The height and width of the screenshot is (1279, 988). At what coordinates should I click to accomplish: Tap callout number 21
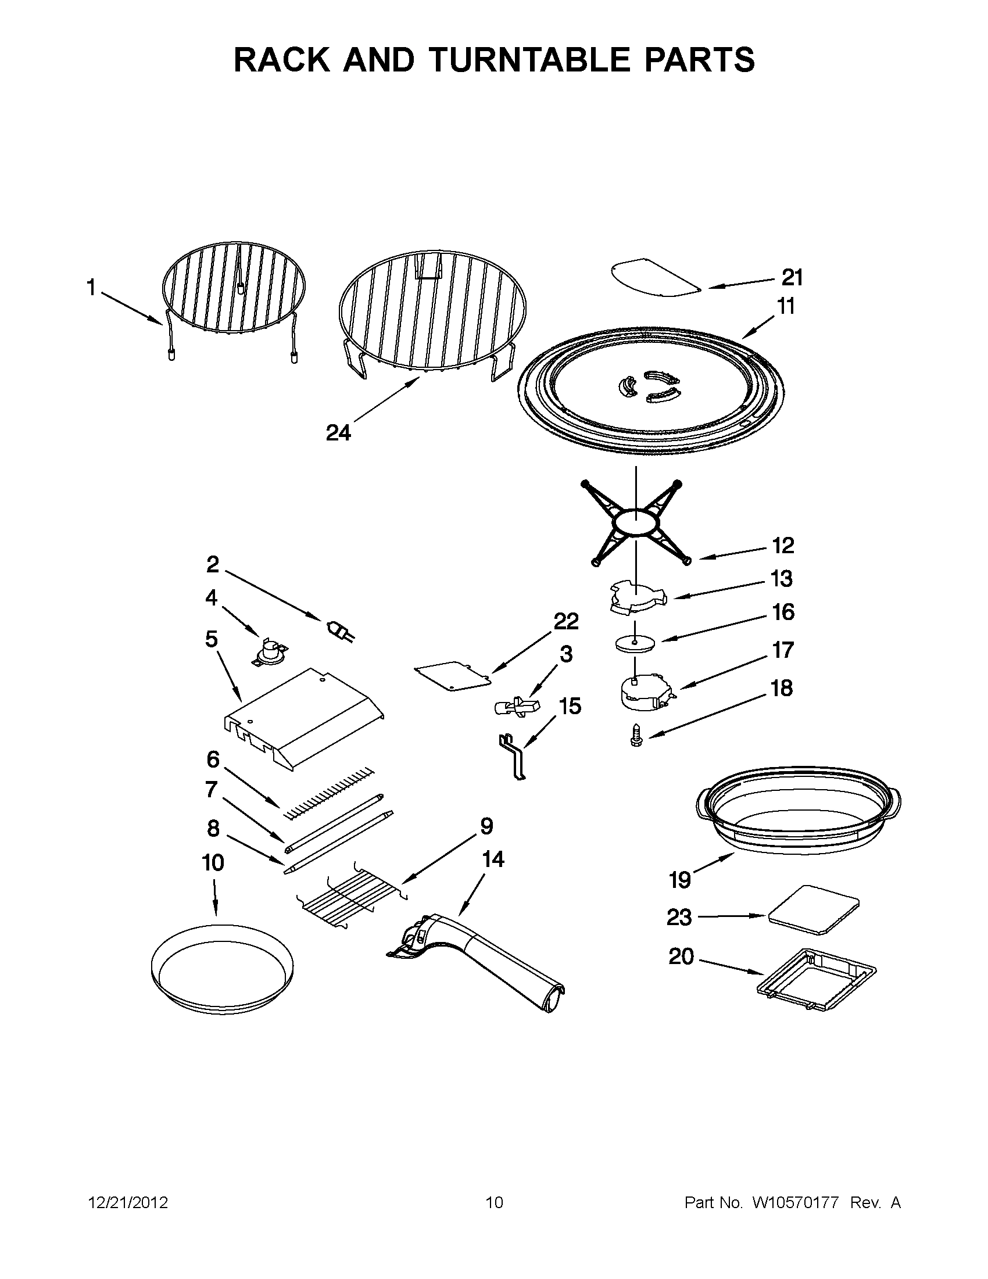tap(792, 277)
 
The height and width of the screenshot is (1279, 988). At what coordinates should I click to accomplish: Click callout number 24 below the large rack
tap(338, 433)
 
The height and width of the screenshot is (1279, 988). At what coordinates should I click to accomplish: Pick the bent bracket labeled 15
tap(514, 757)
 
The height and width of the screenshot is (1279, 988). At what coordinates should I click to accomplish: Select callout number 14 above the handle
tap(492, 859)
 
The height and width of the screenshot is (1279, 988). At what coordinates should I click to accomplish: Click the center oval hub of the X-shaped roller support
tap(636, 521)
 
